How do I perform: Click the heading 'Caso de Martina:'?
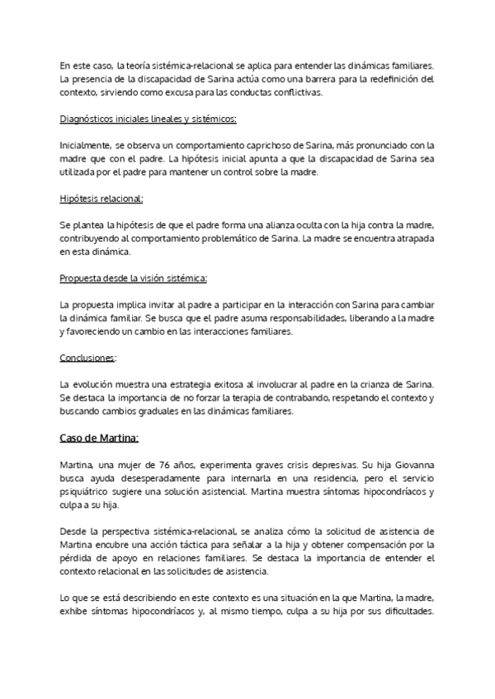[x=99, y=438]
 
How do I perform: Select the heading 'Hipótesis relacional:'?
[x=101, y=199]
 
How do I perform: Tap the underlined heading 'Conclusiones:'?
[x=88, y=358]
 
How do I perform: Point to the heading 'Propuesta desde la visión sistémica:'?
[x=134, y=279]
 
